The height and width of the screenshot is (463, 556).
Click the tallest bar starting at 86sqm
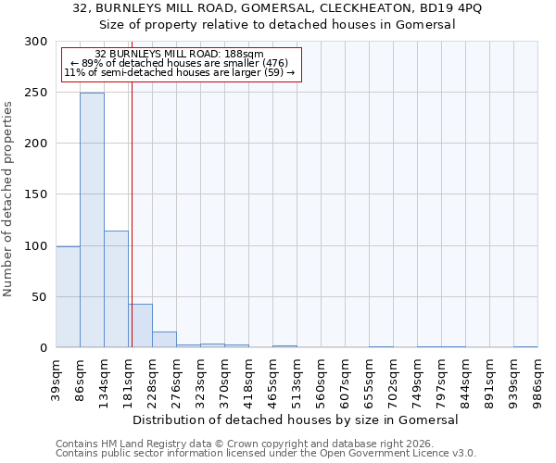click(x=92, y=220)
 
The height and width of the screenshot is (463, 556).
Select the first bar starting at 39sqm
click(x=68, y=296)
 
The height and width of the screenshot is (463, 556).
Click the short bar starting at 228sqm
click(x=164, y=340)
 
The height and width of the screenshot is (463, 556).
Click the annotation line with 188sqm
click(x=180, y=55)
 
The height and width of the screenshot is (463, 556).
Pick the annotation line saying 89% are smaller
click(x=180, y=63)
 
